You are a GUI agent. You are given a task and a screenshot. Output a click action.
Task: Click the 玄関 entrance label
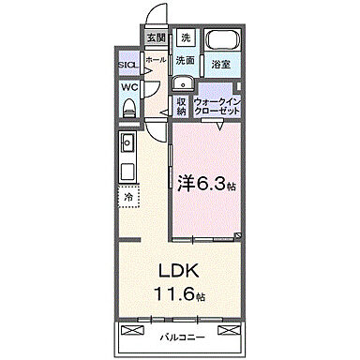point(156,38)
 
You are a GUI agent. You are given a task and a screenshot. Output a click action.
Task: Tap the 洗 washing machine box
point(185,37)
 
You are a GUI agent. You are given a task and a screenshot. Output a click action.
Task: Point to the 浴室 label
point(220,65)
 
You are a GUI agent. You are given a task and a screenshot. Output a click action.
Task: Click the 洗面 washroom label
point(185,61)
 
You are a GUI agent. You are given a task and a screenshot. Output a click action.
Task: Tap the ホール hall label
point(156,60)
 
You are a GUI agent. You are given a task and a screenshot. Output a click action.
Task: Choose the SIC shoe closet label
point(128,66)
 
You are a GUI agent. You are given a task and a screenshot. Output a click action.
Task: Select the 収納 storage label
point(181,106)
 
